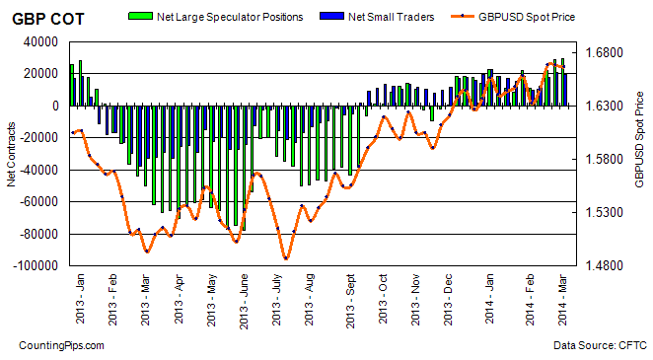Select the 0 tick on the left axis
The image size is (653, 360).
pyautogui.click(x=55, y=106)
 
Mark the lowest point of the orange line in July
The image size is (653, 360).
pyautogui.click(x=285, y=258)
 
